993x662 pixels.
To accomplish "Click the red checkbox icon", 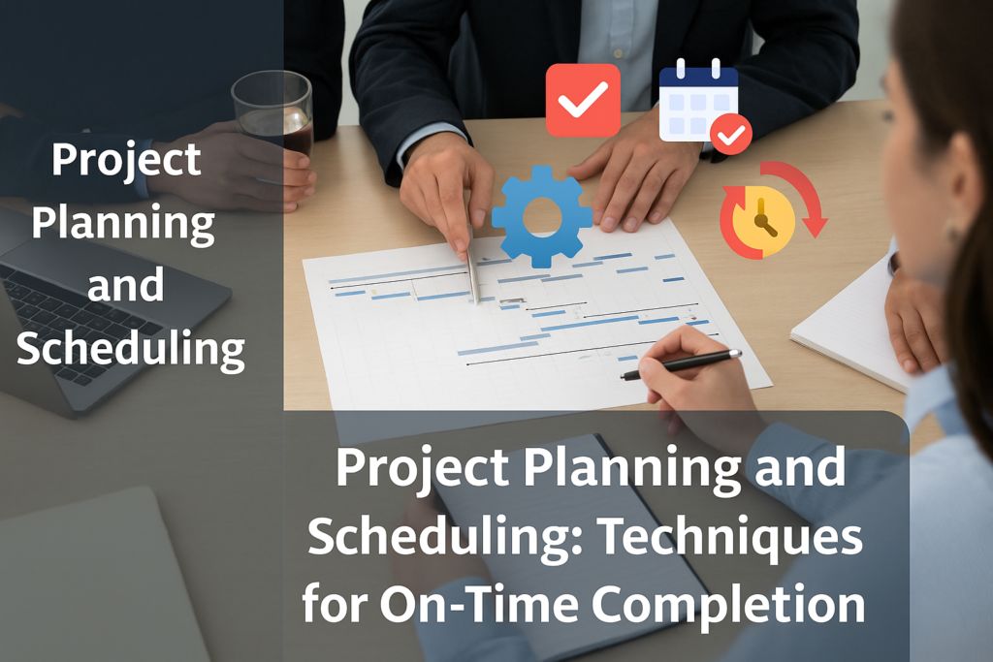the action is tap(583, 100).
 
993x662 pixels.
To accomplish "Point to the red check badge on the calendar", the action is tap(731, 135).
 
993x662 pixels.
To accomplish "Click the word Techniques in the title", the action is tap(730, 537).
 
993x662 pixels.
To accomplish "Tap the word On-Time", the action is tap(479, 604).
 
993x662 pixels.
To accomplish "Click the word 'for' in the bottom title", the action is tap(335, 604).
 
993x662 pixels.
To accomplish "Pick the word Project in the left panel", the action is tap(126, 161).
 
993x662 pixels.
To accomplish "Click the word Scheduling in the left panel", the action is tap(131, 350).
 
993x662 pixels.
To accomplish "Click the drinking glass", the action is tap(272, 114).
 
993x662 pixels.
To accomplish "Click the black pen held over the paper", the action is tap(681, 363).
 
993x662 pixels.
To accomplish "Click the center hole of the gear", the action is tap(542, 216).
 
